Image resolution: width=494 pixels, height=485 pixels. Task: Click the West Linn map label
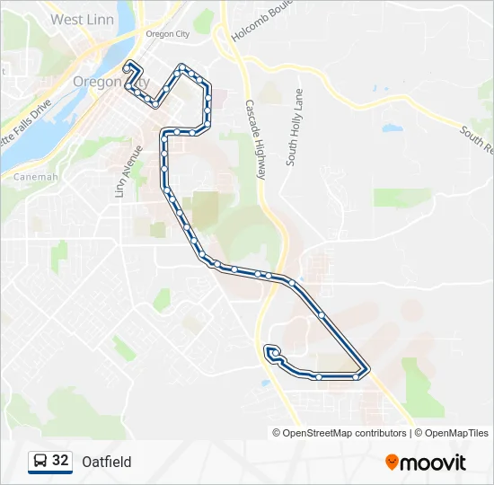click(x=79, y=19)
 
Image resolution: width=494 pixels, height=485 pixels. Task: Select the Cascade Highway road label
click(x=256, y=139)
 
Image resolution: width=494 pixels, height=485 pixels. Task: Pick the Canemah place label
click(x=36, y=177)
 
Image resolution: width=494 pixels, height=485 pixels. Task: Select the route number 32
click(x=61, y=461)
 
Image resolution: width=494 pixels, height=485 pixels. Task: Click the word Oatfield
click(x=106, y=462)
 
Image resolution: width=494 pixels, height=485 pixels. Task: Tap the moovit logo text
click(x=434, y=463)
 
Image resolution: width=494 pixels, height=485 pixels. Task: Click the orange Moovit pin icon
click(x=393, y=463)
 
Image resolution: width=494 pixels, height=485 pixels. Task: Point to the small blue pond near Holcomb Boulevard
click(x=393, y=128)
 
